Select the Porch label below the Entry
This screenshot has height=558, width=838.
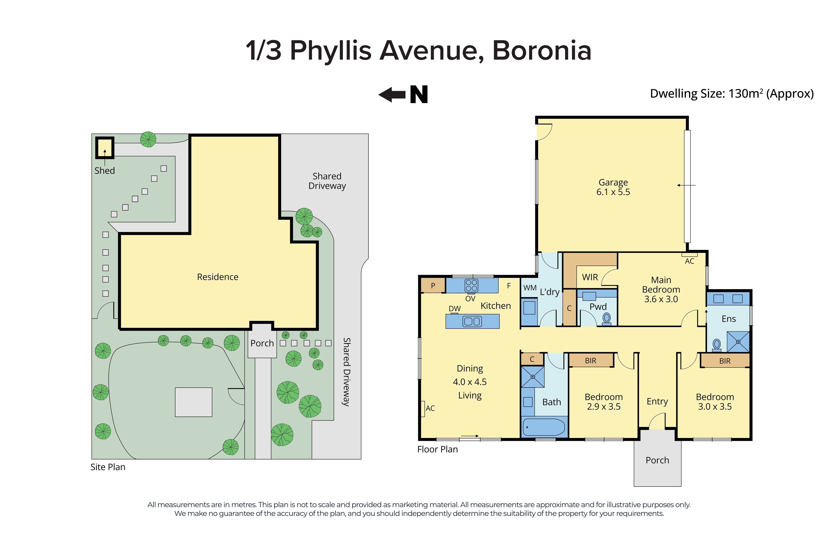click(657, 460)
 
